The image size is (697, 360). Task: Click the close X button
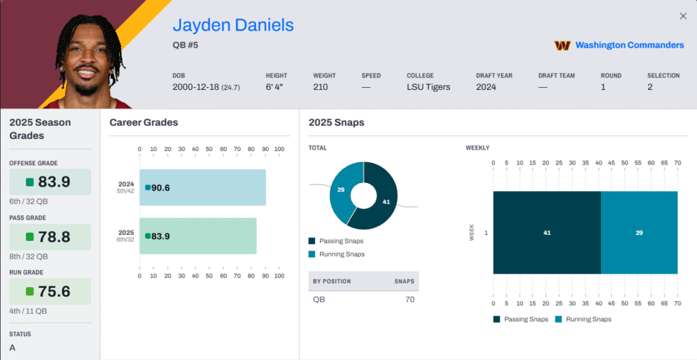click(x=683, y=16)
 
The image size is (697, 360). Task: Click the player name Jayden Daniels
click(x=233, y=25)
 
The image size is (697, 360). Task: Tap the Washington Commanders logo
click(x=562, y=46)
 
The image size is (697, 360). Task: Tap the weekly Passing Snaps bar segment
click(x=547, y=233)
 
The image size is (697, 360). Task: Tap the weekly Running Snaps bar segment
click(x=639, y=233)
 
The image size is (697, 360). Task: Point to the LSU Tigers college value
click(x=428, y=87)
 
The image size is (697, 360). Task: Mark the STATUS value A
click(x=12, y=347)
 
